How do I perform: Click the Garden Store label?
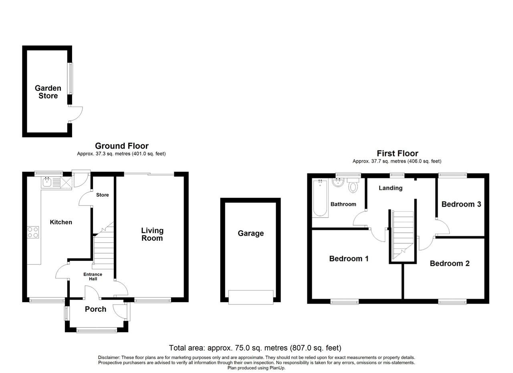point(48,92)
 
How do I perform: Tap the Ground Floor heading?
point(122,146)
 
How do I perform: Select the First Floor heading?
point(397,153)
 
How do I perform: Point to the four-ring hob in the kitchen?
point(33,232)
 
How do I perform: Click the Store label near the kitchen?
point(102,195)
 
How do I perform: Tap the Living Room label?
point(152,234)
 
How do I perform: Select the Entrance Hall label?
point(93,276)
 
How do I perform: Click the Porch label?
point(95,309)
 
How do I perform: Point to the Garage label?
point(251,233)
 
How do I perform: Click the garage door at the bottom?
point(251,297)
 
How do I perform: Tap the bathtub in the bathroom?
point(320,198)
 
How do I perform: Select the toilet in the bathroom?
point(353,185)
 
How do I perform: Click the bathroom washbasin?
point(338,182)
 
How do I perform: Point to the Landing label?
point(390,188)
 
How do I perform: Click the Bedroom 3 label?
point(461,204)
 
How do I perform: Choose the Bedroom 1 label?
point(349,258)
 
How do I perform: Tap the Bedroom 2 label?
point(450,263)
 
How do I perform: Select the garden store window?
point(70,78)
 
